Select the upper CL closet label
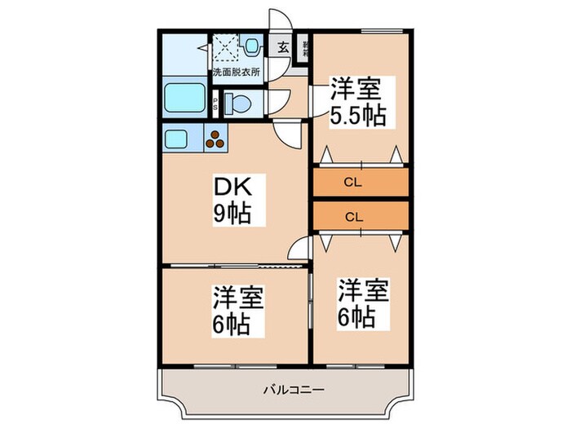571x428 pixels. [353, 182]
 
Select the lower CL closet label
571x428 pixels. [353, 217]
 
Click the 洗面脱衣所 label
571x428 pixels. [236, 72]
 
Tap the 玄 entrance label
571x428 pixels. [282, 46]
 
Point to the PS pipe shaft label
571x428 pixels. [215, 102]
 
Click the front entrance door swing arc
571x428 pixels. [278, 20]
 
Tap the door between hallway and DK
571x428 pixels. [286, 133]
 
